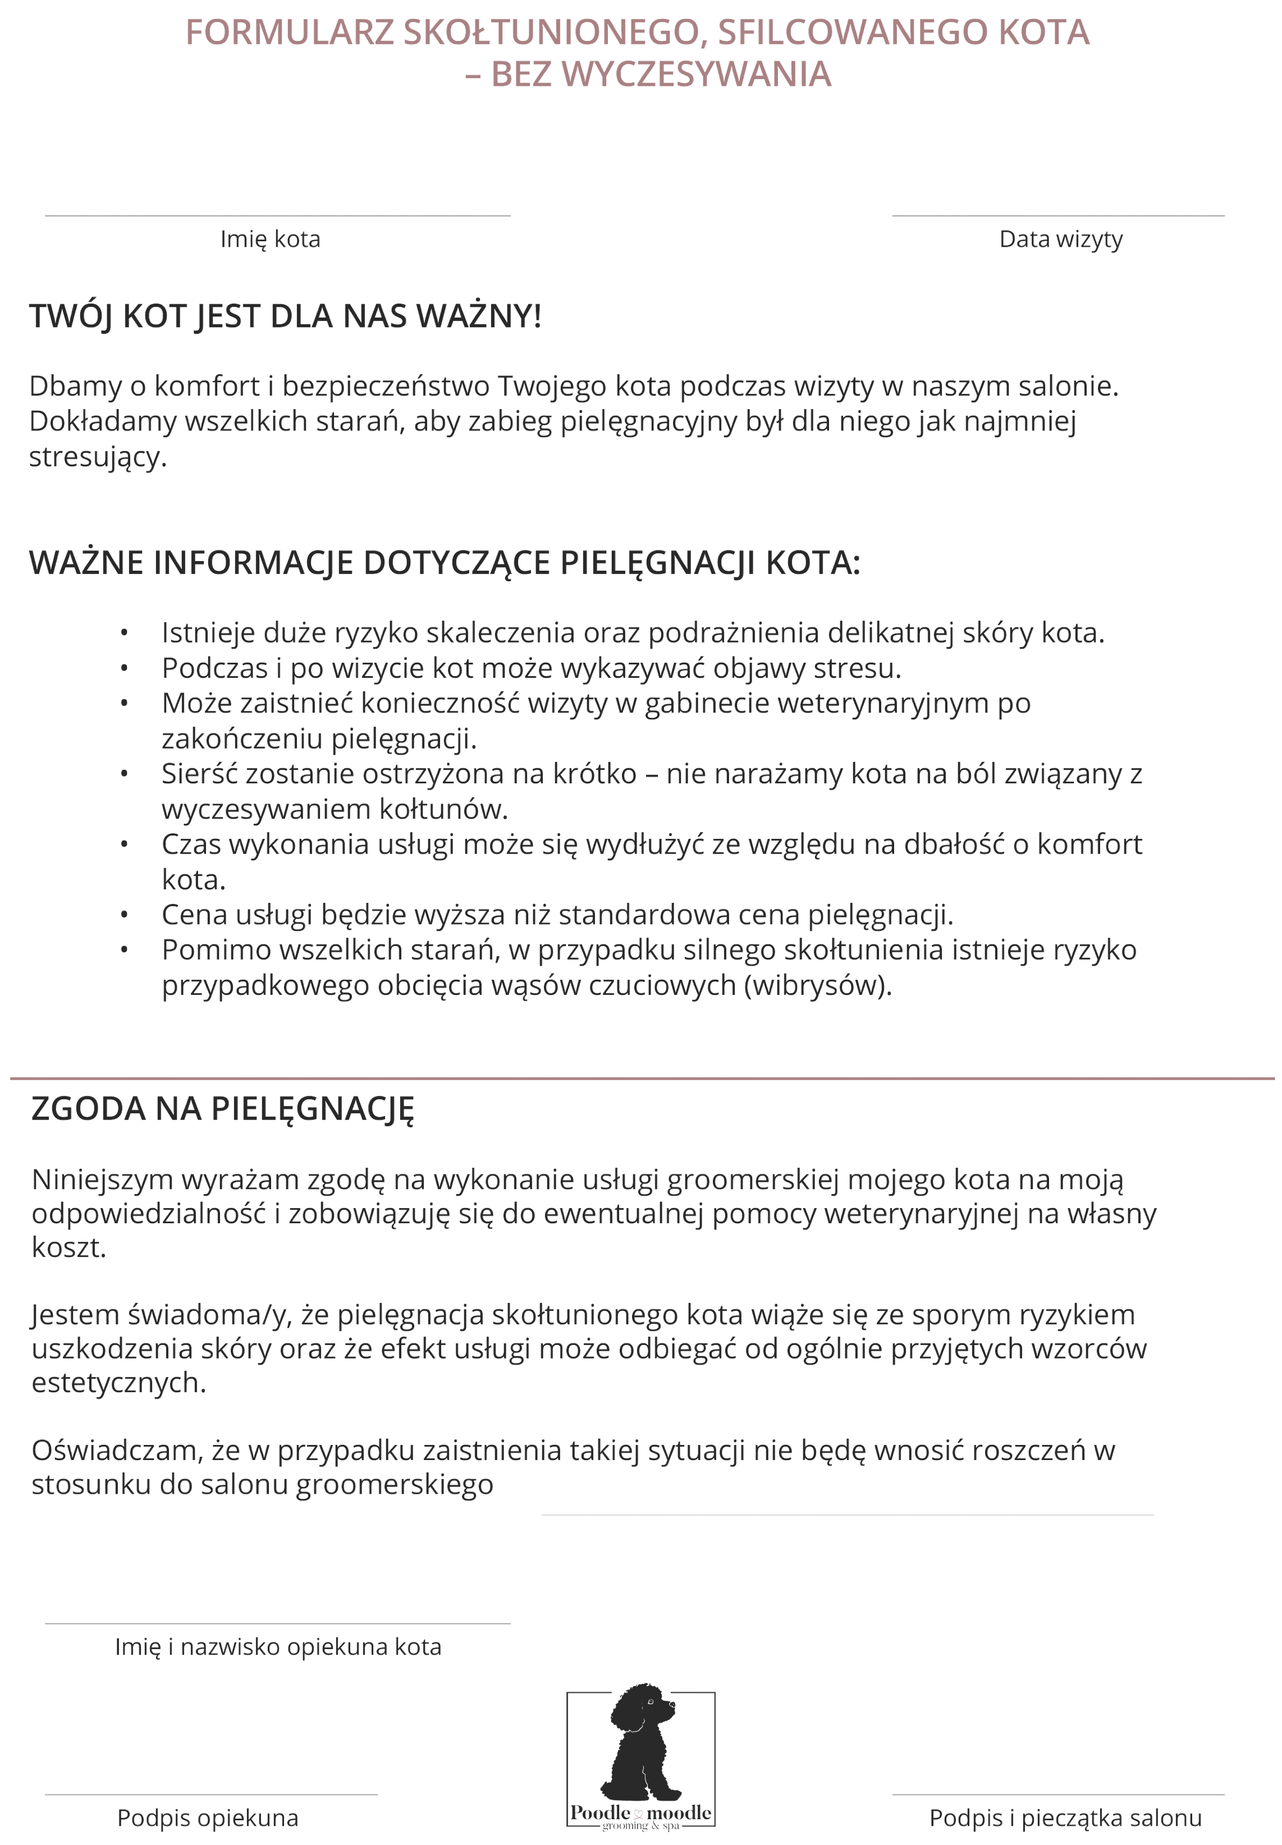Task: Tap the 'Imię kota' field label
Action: (x=270, y=239)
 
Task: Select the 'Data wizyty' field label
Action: (x=1060, y=239)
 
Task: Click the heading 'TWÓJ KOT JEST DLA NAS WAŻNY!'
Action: (x=285, y=316)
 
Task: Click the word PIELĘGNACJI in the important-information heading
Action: (x=657, y=563)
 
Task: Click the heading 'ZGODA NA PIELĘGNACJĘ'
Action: (x=222, y=1109)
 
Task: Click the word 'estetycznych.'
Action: (x=119, y=1383)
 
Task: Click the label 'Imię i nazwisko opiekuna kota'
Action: (x=278, y=1647)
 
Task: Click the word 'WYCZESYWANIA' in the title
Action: (x=695, y=75)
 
